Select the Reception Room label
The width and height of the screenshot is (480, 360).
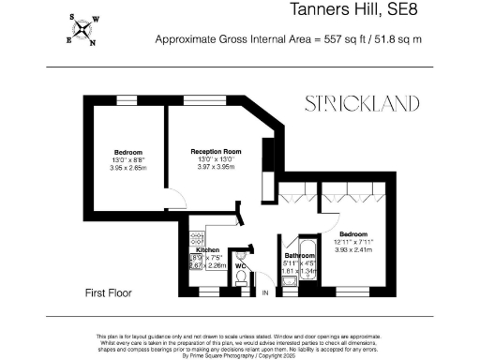pyautogui.click(x=217, y=151)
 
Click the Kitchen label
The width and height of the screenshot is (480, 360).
pyautogui.click(x=207, y=250)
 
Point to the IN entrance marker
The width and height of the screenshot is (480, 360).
pyautogui.click(x=265, y=294)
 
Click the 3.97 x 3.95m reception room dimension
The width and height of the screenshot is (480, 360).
pyautogui.click(x=217, y=167)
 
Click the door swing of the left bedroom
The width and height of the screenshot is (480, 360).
pyautogui.click(x=174, y=199)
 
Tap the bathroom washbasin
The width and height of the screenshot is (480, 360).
pyautogui.click(x=290, y=278)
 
